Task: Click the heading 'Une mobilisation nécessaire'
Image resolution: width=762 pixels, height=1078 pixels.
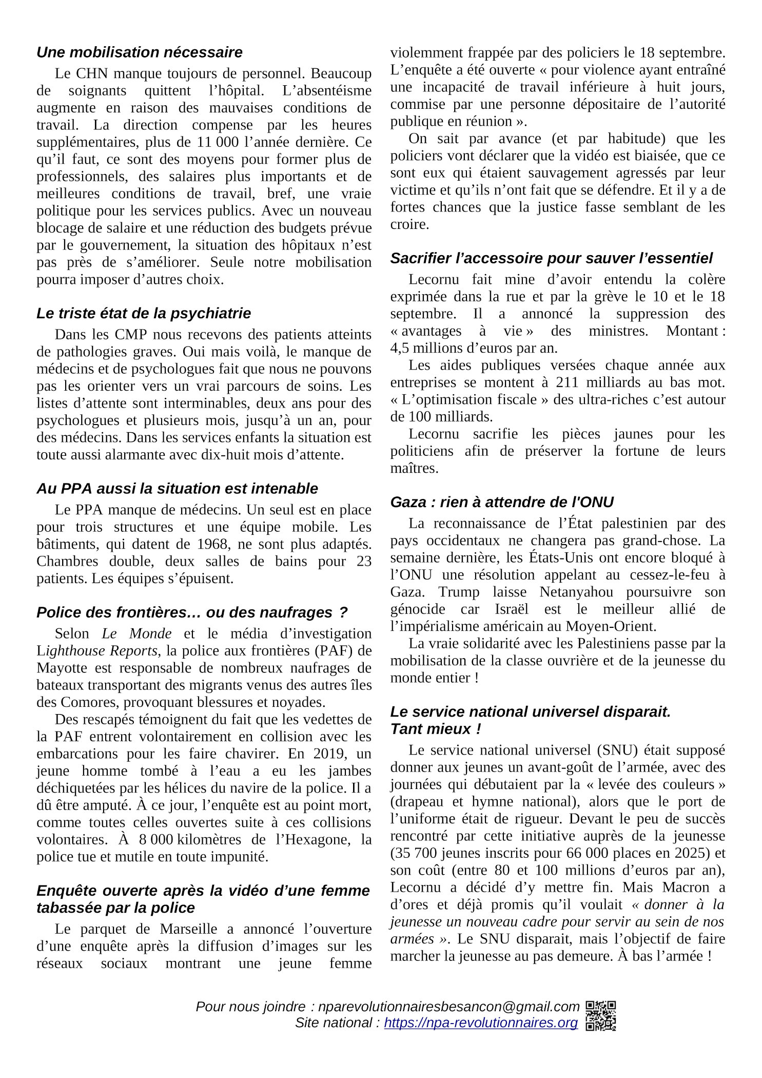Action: [x=139, y=52]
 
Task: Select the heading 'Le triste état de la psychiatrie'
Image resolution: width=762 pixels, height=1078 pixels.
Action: [x=144, y=313]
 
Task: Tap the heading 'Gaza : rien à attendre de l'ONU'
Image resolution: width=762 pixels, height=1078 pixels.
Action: [x=502, y=502]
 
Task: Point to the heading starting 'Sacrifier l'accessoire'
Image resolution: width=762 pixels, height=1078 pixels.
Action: [x=552, y=258]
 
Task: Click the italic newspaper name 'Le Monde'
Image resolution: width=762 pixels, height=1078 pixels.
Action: [x=136, y=633]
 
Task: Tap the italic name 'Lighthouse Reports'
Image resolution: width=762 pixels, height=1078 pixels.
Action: [x=97, y=651]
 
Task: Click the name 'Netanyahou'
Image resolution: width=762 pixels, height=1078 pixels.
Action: [x=576, y=592]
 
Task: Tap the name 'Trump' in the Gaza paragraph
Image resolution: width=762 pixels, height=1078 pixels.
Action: [x=459, y=592]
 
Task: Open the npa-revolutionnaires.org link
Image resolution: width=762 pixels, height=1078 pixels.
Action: [x=480, y=1023]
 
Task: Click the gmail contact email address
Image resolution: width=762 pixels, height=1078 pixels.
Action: [x=448, y=1006]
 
